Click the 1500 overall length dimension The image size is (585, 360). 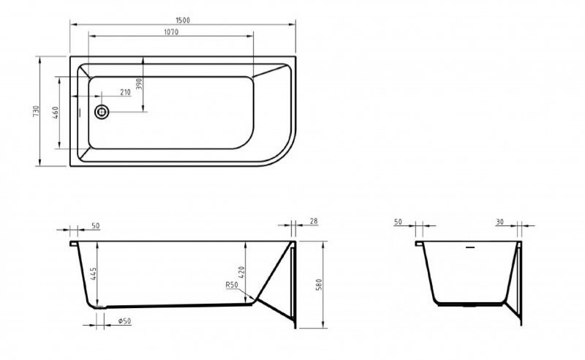pos(183,20)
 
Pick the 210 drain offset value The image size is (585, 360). pos(125,93)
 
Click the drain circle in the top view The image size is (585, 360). pos(102,112)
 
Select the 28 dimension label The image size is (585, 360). pos(314,220)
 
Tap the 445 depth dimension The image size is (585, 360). pos(93,275)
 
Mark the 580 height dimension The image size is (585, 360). pos(318,284)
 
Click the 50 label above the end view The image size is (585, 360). pos(399,221)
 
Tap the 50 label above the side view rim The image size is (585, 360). pos(96,226)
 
